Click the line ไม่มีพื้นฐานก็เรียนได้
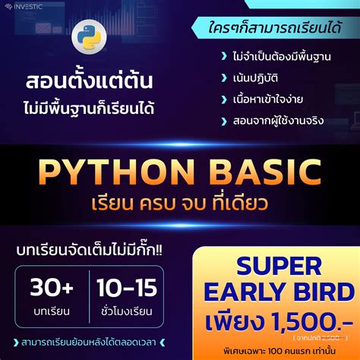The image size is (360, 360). coord(89,106)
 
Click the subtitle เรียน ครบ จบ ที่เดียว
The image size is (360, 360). coord(180,204)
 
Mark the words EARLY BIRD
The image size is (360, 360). coord(278,292)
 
